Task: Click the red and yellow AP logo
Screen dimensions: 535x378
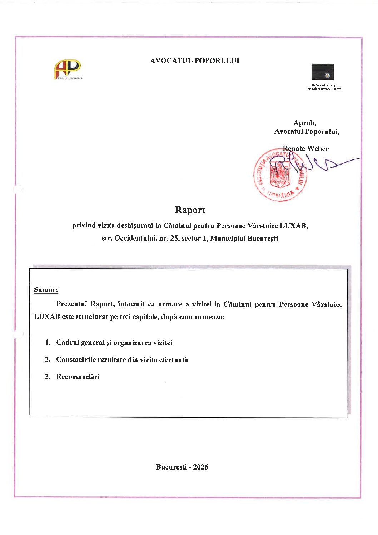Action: click(67, 69)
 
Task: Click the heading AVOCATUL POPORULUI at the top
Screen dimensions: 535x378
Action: click(194, 61)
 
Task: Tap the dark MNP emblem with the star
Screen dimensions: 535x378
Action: click(322, 72)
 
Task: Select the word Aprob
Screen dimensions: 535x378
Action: click(304, 123)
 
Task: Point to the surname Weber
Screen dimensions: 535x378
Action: click(318, 149)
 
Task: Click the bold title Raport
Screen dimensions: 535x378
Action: click(190, 210)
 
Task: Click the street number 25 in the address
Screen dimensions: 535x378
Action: click(174, 239)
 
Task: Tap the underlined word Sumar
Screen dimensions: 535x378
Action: click(46, 290)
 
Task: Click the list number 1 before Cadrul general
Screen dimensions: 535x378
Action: click(48, 342)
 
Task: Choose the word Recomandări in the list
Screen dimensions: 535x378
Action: click(78, 377)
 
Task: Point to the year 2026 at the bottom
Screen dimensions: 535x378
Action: click(200, 467)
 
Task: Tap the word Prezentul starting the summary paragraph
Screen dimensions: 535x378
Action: click(71, 304)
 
